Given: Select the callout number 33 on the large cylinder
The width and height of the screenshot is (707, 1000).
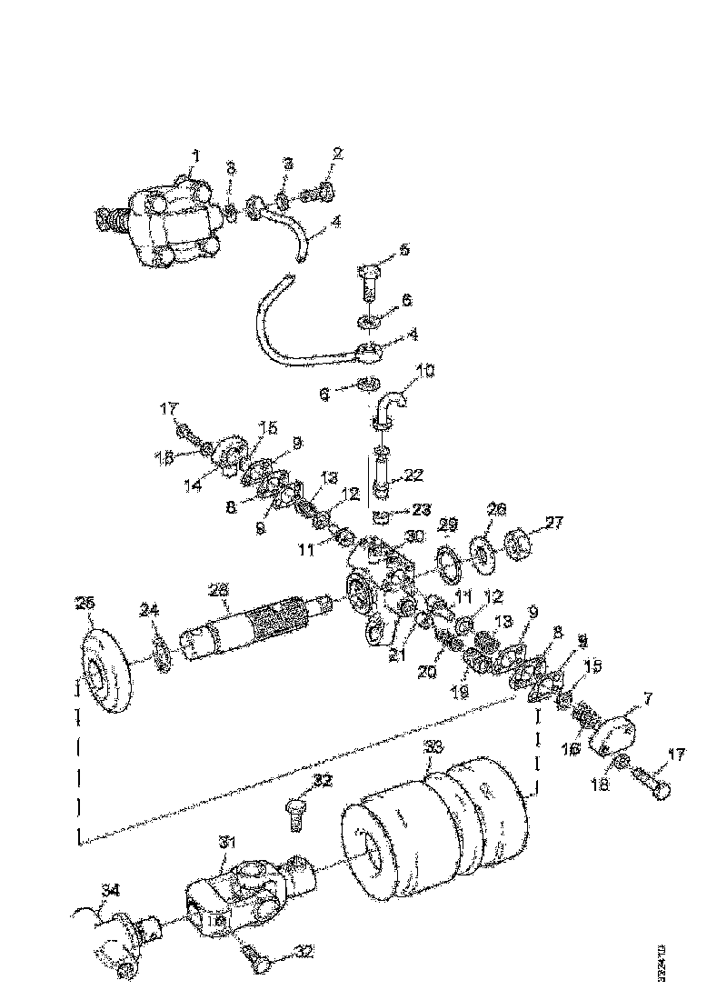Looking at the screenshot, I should click(434, 748).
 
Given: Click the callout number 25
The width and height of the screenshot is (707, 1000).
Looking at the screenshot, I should click(85, 604).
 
